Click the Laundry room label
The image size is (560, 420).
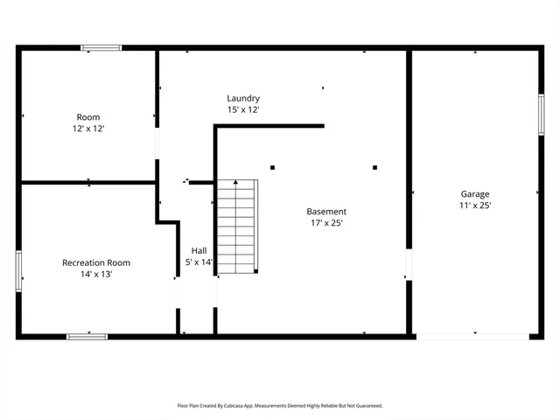point(243,99)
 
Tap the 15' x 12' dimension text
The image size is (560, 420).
point(243,110)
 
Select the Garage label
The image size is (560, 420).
point(475,194)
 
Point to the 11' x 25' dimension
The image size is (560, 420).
point(475,206)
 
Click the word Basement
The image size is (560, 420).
point(326,212)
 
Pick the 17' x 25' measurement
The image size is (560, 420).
point(326,223)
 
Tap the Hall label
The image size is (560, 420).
point(199,250)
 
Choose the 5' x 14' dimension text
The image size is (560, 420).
point(199,262)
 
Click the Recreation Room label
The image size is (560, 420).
point(96,262)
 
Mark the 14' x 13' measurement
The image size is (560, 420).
point(96,274)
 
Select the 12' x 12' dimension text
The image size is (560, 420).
point(88,129)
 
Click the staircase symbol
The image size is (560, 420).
point(238,227)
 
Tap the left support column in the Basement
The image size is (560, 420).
point(273,167)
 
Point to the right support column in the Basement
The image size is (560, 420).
point(374,167)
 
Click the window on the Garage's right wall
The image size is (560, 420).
point(542,115)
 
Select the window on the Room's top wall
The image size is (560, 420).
point(101,48)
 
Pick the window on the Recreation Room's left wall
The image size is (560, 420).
point(18,269)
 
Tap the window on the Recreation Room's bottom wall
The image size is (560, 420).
point(87,336)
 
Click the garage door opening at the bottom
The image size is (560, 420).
point(472,336)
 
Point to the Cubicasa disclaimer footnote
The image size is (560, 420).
point(280,406)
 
